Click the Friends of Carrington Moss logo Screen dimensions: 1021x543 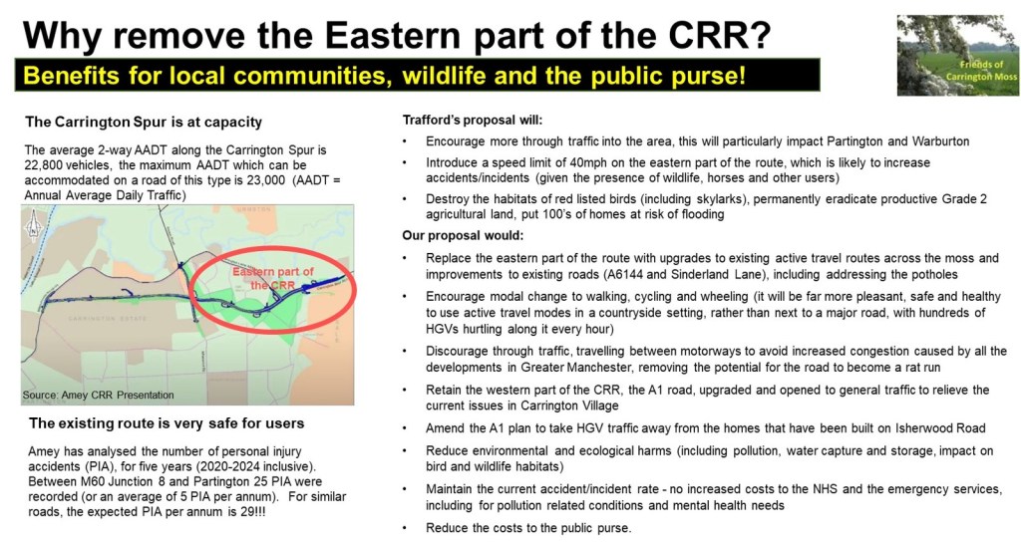click(x=958, y=55)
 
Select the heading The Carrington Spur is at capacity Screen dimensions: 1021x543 click(x=144, y=123)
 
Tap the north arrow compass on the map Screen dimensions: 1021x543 click(x=33, y=227)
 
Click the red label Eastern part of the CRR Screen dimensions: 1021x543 click(x=273, y=278)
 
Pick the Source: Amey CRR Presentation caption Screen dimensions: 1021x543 click(x=99, y=395)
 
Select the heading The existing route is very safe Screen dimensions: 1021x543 click(x=167, y=423)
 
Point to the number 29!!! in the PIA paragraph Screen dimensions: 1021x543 click(x=249, y=512)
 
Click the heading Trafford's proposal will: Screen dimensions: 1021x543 click(x=472, y=121)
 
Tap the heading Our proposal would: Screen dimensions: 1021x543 click(x=463, y=235)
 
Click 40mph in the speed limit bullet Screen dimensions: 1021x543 click(x=586, y=162)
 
